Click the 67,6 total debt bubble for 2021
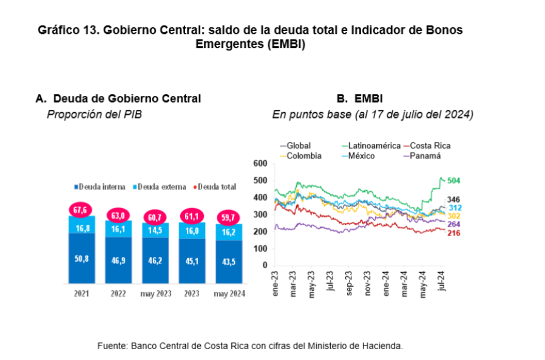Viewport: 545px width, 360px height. [82, 210]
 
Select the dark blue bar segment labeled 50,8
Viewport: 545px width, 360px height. [82, 259]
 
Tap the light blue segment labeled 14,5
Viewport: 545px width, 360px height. [155, 231]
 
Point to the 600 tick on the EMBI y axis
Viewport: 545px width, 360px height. [260, 163]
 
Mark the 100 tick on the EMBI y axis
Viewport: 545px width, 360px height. [260, 248]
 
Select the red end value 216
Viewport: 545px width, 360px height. [453, 233]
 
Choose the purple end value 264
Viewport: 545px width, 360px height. [453, 224]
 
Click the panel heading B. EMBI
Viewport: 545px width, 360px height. [359, 98]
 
